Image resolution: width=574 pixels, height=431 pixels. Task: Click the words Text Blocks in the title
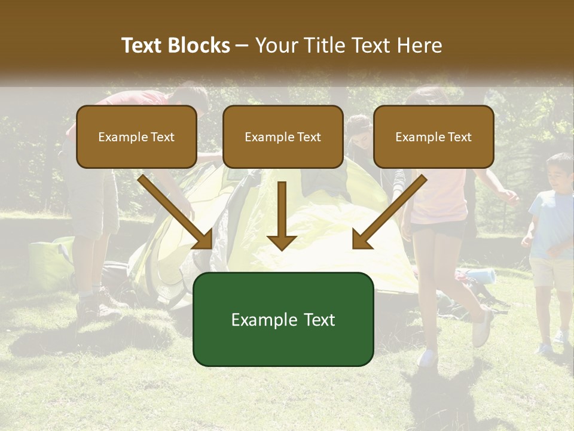click(x=175, y=45)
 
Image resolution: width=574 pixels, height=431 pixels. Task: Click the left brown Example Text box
click(x=136, y=137)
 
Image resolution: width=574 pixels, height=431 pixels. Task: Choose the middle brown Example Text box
click(x=283, y=137)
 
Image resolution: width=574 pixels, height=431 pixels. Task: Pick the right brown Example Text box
click(x=433, y=137)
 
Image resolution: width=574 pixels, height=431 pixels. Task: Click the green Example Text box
click(x=283, y=319)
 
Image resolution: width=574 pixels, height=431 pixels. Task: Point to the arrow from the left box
click(x=176, y=213)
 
